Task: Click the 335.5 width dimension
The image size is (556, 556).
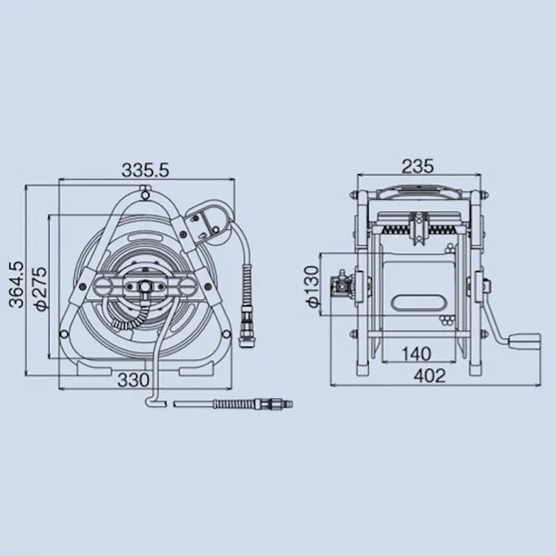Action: coord(146,168)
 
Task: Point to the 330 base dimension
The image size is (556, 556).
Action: coord(134,380)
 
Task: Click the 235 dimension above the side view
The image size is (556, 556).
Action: coord(418,166)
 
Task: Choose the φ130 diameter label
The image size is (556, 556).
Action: coord(313,287)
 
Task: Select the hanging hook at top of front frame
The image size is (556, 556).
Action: coord(143,189)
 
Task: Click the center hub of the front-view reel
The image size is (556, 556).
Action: coord(145,287)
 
